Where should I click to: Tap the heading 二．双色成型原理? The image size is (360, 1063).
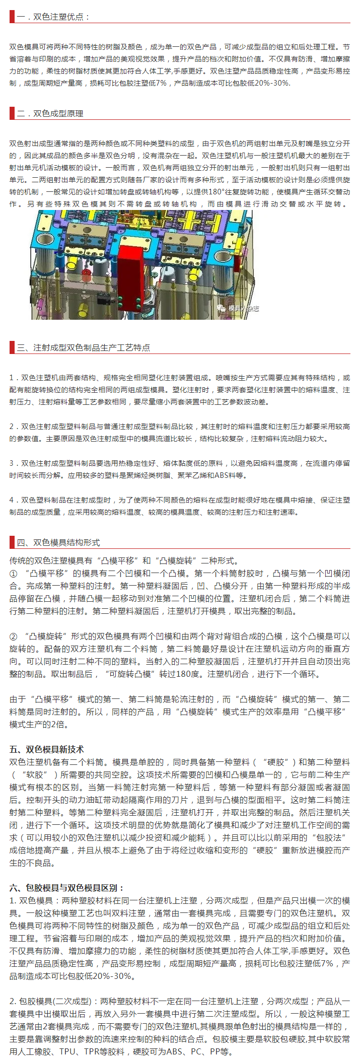[50, 113]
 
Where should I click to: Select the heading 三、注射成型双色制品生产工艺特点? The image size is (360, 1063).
[83, 347]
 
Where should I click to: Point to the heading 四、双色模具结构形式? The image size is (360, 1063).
[58, 542]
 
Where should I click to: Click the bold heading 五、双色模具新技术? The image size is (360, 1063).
[47, 749]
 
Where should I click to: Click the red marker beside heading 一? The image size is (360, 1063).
[12, 16]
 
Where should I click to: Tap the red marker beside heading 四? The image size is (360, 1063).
[12, 542]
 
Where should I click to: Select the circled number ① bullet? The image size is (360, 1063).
[14, 574]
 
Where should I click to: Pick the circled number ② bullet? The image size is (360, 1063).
[14, 636]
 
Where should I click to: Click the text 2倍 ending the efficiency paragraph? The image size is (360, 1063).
[59, 725]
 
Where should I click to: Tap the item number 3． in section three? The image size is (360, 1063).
[14, 463]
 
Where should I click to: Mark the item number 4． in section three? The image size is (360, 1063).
[14, 500]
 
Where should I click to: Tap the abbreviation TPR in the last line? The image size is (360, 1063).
[94, 1052]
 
